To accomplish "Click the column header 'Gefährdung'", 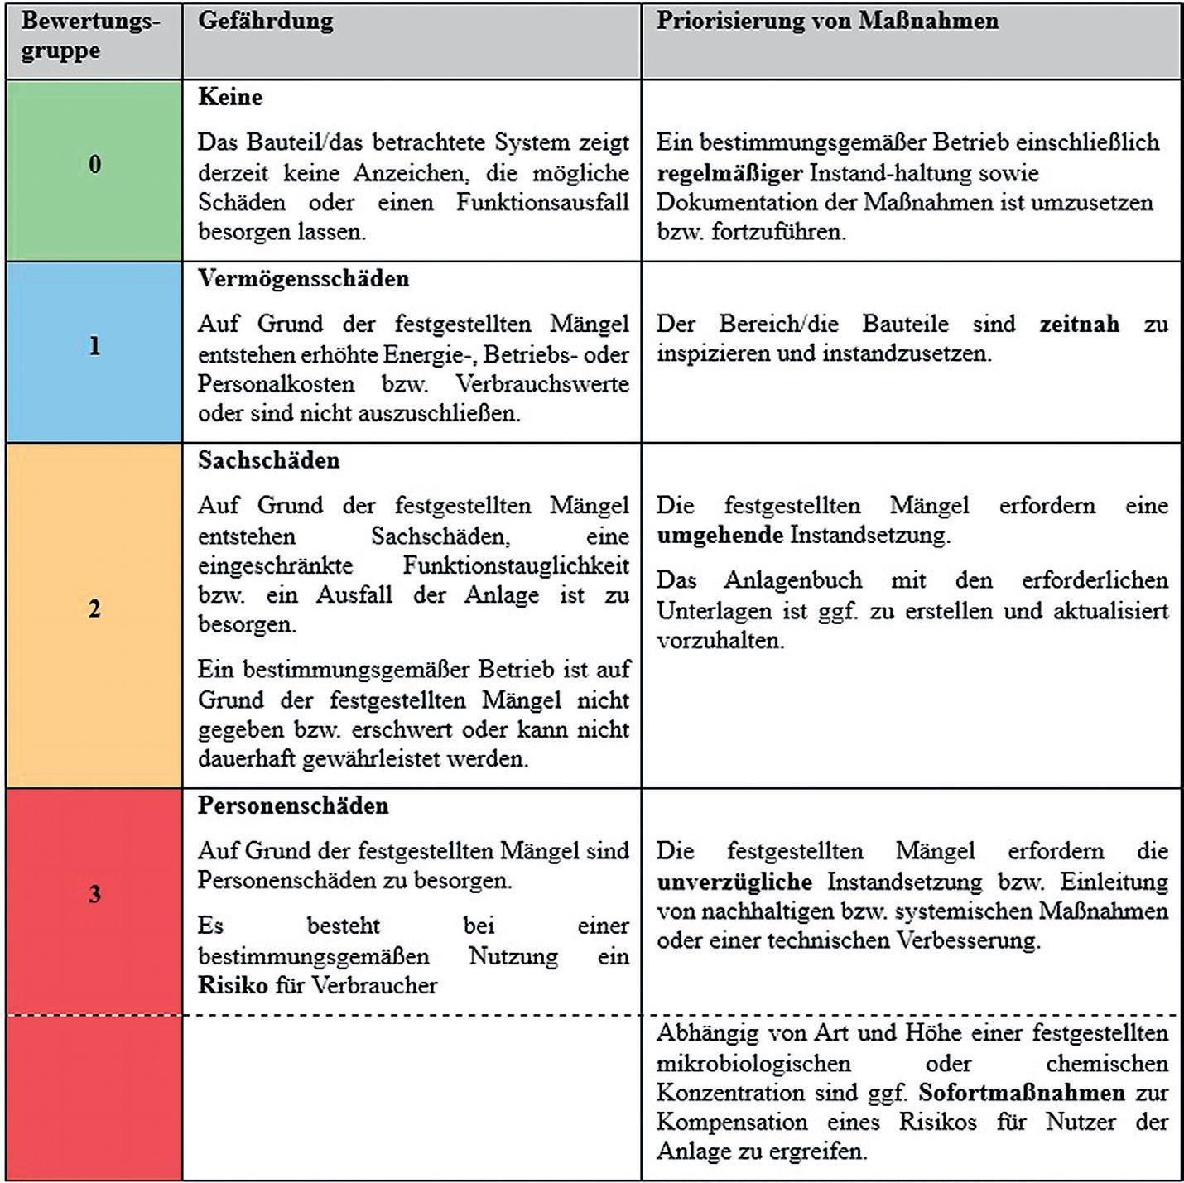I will pos(265,22).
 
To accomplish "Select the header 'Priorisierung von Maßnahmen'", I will pos(827,21).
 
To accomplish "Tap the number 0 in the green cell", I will pos(94,164).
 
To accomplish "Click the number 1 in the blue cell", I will pos(94,345).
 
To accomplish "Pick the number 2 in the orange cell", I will pos(94,609).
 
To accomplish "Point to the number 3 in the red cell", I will pos(94,894).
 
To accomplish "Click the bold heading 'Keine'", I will pos(230,97).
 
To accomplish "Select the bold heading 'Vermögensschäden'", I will pos(303,278).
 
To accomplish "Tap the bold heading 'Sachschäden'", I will pos(268,460).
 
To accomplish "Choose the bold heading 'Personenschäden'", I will pos(293,805).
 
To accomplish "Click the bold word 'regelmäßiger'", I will pos(729,173).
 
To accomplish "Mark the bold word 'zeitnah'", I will pos(1079,324).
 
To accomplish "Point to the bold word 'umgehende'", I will pos(720,535).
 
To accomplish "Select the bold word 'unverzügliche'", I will pos(734,881).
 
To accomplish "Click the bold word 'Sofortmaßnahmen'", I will pos(1022,1093).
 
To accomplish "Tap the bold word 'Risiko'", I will pos(233,985).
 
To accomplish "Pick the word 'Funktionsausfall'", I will pos(542,203).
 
